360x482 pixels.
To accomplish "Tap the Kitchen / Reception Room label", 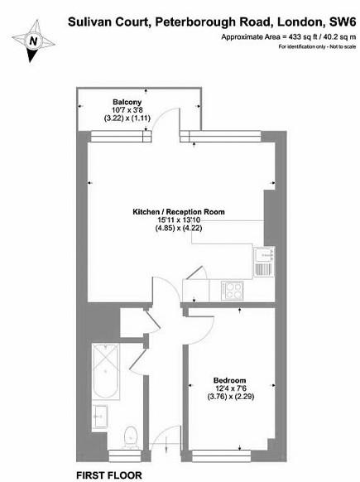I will (x=179, y=212).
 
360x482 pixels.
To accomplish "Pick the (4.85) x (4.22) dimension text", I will (x=179, y=230).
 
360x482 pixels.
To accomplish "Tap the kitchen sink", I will (x=263, y=259).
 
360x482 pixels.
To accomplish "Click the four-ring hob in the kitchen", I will (x=232, y=290).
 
